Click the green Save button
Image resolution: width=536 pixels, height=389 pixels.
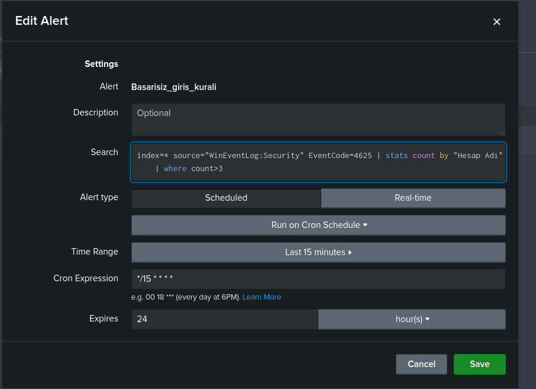tap(479, 364)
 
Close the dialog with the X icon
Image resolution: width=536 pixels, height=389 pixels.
tap(497, 22)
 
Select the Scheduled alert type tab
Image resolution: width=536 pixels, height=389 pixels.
tap(226, 198)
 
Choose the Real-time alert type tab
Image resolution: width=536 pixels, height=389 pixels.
tap(413, 198)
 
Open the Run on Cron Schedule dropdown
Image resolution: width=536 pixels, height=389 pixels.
tap(319, 225)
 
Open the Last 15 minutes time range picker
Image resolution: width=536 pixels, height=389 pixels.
tap(319, 252)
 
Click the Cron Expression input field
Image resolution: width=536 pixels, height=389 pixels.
tap(319, 279)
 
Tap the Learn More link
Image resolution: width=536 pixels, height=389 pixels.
tap(262, 297)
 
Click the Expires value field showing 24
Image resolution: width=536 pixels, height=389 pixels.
tap(225, 319)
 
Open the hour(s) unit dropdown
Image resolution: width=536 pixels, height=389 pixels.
tap(412, 319)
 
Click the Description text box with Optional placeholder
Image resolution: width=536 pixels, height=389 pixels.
tap(319, 120)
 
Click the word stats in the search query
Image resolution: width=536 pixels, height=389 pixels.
tap(396, 155)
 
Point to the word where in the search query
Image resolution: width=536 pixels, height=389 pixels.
tap(175, 168)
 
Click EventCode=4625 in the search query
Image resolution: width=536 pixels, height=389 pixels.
tap(340, 155)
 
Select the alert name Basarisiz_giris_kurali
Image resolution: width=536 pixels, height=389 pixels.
tap(174, 87)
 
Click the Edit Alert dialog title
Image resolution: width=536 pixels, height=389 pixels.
tap(41, 21)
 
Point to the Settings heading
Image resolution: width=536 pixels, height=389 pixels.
tap(102, 64)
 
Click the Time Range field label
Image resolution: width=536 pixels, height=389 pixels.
tap(95, 252)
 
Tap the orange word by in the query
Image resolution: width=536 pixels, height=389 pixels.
tap(444, 156)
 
